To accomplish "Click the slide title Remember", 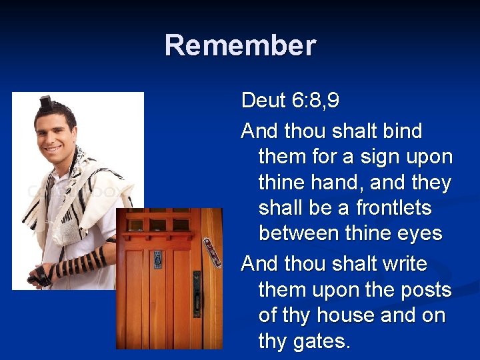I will pyautogui.click(x=240, y=45).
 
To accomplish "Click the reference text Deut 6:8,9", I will pyautogui.click(x=290, y=101).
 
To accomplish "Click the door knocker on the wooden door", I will pyautogui.click(x=158, y=259).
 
